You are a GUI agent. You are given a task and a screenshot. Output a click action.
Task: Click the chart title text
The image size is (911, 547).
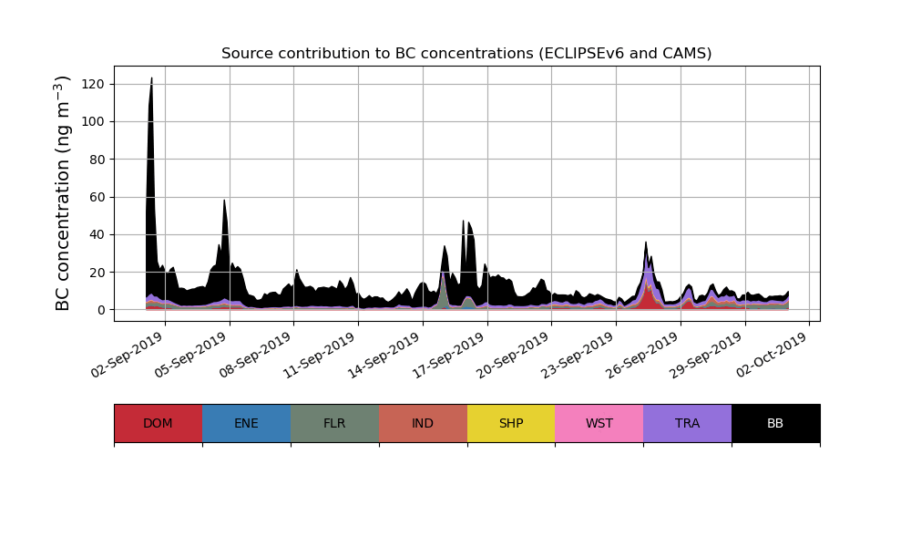[466, 54]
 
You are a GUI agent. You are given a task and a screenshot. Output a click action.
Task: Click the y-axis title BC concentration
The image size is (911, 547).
[63, 193]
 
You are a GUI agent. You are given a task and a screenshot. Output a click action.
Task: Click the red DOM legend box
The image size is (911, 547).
[158, 423]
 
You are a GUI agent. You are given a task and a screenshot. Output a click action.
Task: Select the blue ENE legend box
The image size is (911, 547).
[246, 423]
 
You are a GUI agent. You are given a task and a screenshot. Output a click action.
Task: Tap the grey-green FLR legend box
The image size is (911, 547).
[334, 423]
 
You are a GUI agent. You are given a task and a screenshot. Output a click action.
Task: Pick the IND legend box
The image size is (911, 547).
[423, 423]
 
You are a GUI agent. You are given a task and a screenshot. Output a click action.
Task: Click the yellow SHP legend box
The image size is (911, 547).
[511, 423]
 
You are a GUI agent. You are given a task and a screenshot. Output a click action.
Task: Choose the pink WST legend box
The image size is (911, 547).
[599, 423]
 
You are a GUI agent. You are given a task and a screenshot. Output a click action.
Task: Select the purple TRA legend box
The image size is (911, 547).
[687, 423]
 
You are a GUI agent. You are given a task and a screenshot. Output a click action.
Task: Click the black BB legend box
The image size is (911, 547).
[775, 423]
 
